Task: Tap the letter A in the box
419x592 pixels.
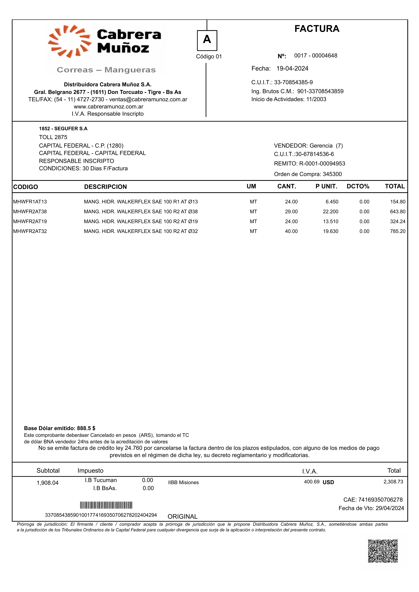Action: click(x=207, y=40)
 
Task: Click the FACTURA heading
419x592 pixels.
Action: click(x=317, y=29)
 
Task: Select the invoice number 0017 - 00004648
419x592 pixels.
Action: click(x=316, y=56)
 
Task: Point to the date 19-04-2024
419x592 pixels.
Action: click(x=292, y=69)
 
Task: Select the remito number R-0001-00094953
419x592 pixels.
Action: click(x=322, y=164)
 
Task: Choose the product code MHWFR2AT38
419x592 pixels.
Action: click(x=30, y=212)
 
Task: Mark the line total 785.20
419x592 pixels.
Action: click(x=398, y=231)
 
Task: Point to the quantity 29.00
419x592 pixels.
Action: click(x=291, y=212)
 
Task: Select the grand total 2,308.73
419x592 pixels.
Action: click(x=393, y=482)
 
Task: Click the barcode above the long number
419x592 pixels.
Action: click(x=106, y=505)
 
